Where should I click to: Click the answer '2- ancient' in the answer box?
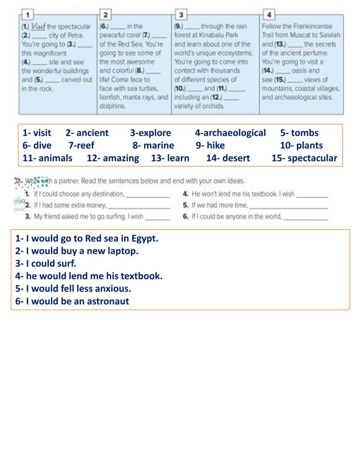[x=87, y=133]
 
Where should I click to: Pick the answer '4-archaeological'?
[x=230, y=133]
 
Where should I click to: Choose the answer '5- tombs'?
[x=299, y=133]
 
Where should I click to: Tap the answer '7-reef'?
[x=81, y=145]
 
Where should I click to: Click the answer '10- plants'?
[x=301, y=145]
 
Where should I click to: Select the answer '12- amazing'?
[x=113, y=158]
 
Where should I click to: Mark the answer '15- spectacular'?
[x=304, y=158]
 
